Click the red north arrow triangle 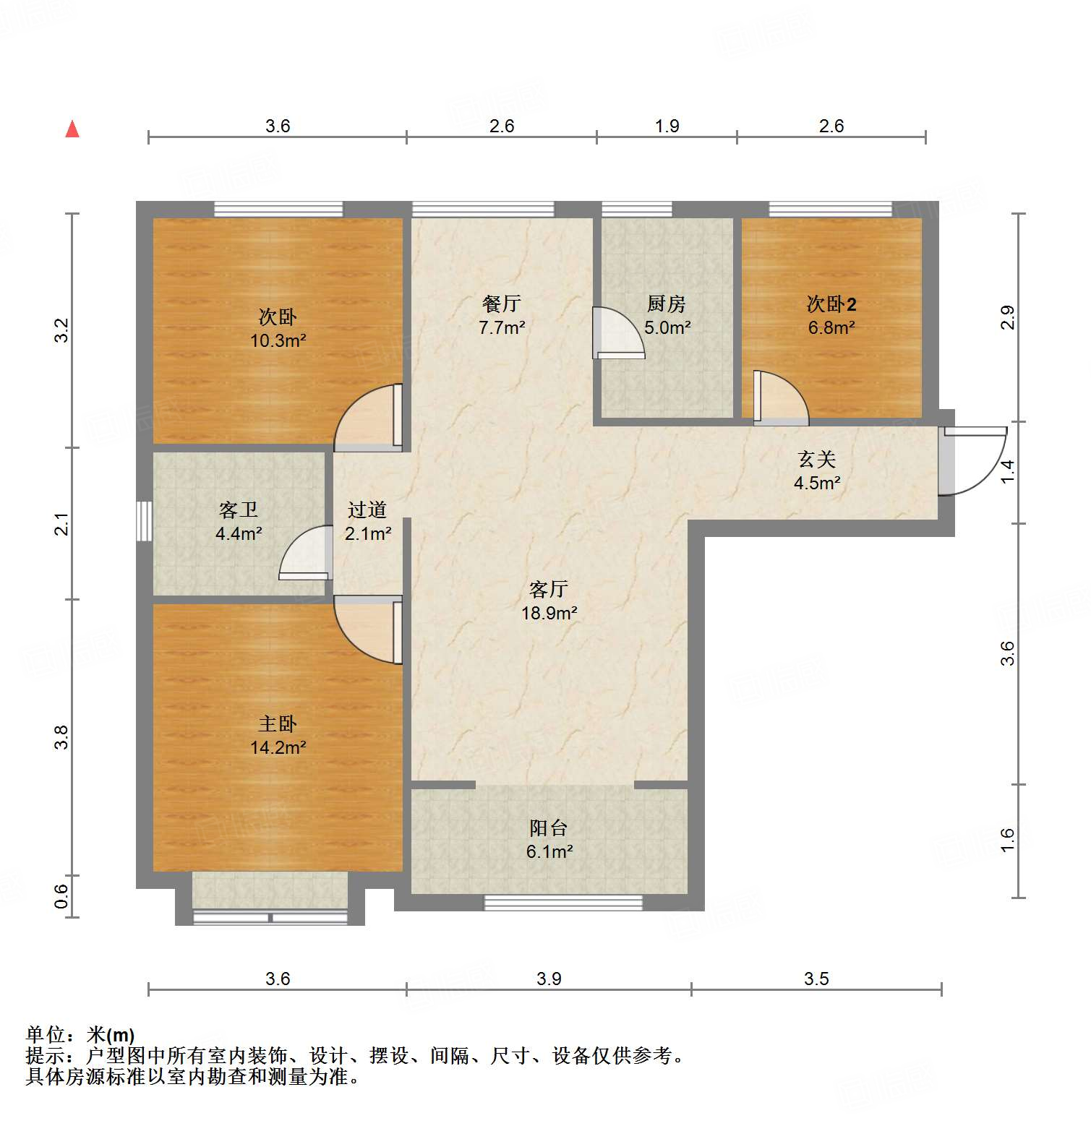[x=72, y=129]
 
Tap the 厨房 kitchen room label [x=666, y=304]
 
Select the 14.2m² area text [x=278, y=747]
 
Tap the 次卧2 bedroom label [x=831, y=304]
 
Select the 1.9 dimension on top [x=667, y=126]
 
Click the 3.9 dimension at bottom [x=549, y=979]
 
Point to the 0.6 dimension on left [x=62, y=896]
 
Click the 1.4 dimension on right [x=1007, y=471]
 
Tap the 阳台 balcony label [x=549, y=828]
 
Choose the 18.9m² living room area [x=549, y=613]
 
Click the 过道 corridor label [x=367, y=510]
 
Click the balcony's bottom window [x=563, y=903]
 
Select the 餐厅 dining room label [x=502, y=304]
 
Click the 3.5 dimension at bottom [x=816, y=979]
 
